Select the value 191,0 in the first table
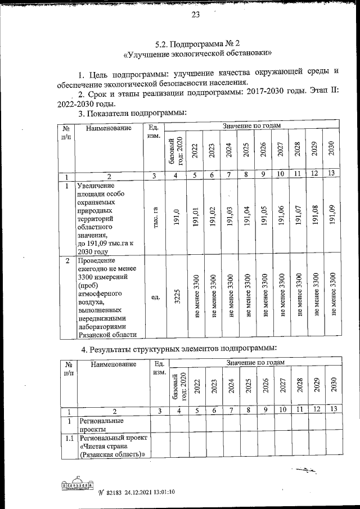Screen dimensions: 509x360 [177, 218]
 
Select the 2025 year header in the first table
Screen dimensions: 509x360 [246, 152]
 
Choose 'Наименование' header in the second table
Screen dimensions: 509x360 [111, 364]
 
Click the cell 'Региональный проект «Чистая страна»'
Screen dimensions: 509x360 [112, 446]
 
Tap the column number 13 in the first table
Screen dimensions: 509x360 [332, 173]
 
